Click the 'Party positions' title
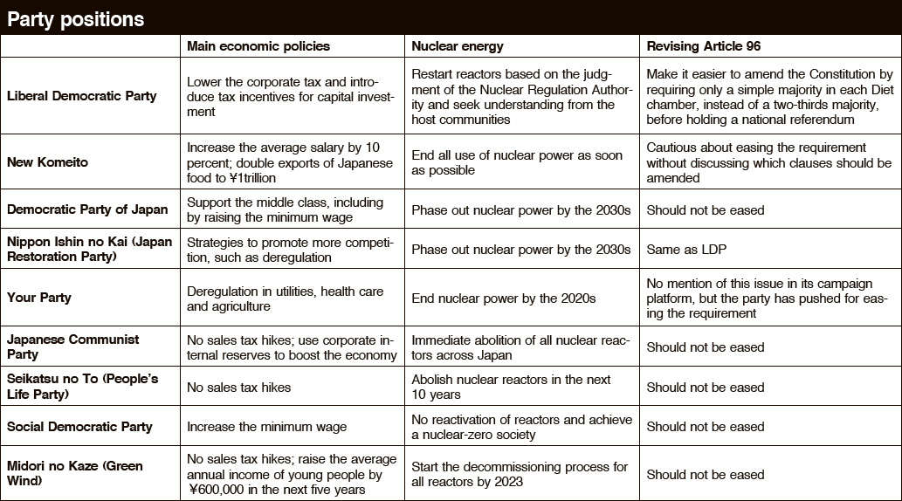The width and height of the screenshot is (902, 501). coord(76,18)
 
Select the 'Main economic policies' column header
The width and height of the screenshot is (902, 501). coord(258,46)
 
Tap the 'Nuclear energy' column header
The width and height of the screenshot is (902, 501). coord(458,46)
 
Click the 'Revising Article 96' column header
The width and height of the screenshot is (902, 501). coord(704,46)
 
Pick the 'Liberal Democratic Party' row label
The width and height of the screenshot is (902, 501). coord(82,95)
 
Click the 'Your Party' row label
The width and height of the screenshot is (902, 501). coord(39,298)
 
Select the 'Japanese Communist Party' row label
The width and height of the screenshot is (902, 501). coord(72,347)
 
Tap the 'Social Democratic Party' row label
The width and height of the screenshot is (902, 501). coord(79,427)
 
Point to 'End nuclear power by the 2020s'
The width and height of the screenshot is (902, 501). coord(504,298)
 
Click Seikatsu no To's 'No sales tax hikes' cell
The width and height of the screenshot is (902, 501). coord(238,387)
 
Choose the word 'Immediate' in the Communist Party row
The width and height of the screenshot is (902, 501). coord(441,340)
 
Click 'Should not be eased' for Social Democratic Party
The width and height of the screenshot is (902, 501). coord(705,427)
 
